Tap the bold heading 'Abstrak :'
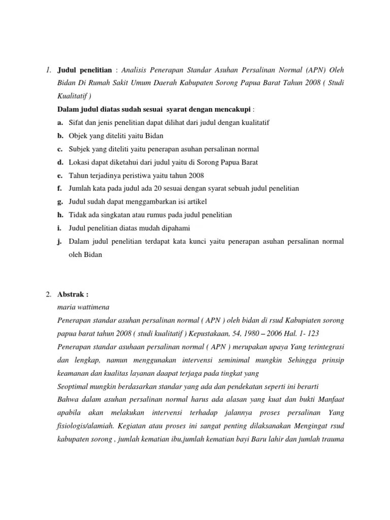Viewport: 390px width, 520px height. pos(73,294)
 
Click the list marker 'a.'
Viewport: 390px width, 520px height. pos(60,122)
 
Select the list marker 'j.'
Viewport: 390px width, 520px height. pos(60,241)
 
